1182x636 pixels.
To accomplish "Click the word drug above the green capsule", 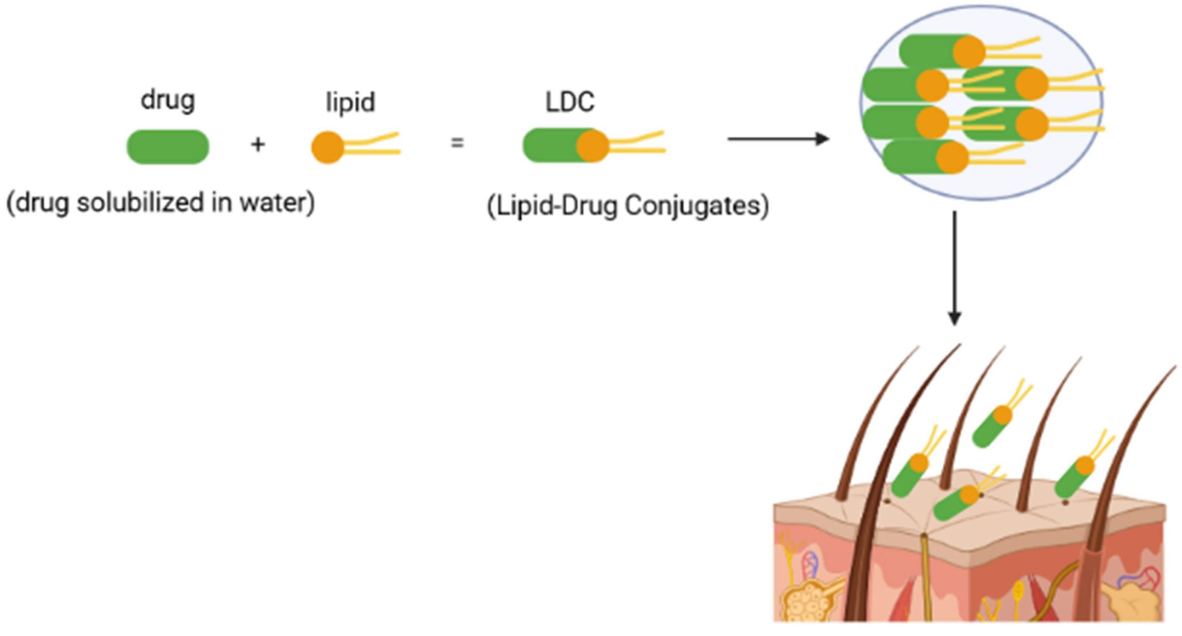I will click(168, 100).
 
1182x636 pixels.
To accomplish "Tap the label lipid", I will click(350, 102).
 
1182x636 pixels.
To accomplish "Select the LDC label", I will click(570, 102).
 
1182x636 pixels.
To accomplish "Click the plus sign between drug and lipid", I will click(258, 144).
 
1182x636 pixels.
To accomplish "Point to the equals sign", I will click(457, 143).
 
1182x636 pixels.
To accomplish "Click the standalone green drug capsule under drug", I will click(168, 147).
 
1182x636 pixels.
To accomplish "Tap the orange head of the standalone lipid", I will click(328, 147).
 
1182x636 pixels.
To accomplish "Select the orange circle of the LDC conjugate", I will click(593, 146).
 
